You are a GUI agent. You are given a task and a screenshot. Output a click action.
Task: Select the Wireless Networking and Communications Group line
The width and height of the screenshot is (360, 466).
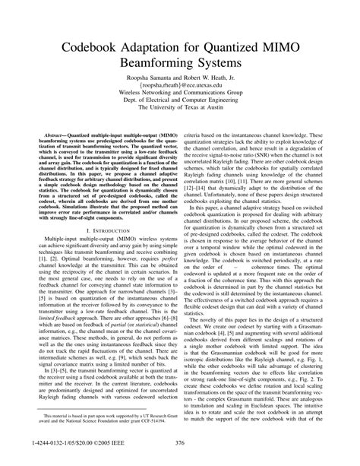coord(180,87)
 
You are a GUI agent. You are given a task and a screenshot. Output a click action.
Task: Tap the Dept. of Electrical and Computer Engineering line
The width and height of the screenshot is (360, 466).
coord(180,97)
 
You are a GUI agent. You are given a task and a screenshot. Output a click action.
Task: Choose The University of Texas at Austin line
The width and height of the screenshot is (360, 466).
coord(180,106)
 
